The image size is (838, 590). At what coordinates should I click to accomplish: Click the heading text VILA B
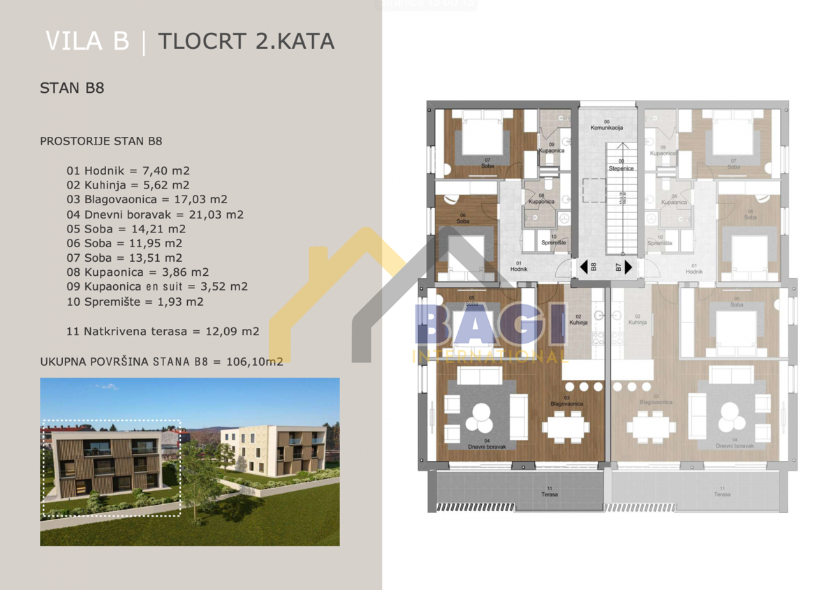[x=87, y=41]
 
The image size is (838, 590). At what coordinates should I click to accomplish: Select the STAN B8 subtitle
[x=72, y=89]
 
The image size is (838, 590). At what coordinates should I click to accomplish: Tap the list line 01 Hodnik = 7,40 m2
[x=128, y=170]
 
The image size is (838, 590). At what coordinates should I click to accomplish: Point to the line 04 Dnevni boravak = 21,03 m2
[x=154, y=214]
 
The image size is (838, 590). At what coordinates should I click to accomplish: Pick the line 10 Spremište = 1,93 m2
[x=135, y=302]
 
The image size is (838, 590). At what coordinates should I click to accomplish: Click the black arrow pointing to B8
[x=584, y=267]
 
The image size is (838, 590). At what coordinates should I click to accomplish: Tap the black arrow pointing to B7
[x=628, y=267]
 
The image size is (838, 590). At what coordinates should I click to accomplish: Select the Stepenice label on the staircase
[x=621, y=168]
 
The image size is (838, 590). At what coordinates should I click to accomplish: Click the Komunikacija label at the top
[x=606, y=127]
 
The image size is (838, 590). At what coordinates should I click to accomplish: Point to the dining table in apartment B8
[x=566, y=426]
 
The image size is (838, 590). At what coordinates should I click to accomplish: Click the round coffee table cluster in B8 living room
[x=480, y=420]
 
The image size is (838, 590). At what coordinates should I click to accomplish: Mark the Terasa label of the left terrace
[x=549, y=494]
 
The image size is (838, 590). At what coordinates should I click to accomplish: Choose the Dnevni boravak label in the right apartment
[x=726, y=445]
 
